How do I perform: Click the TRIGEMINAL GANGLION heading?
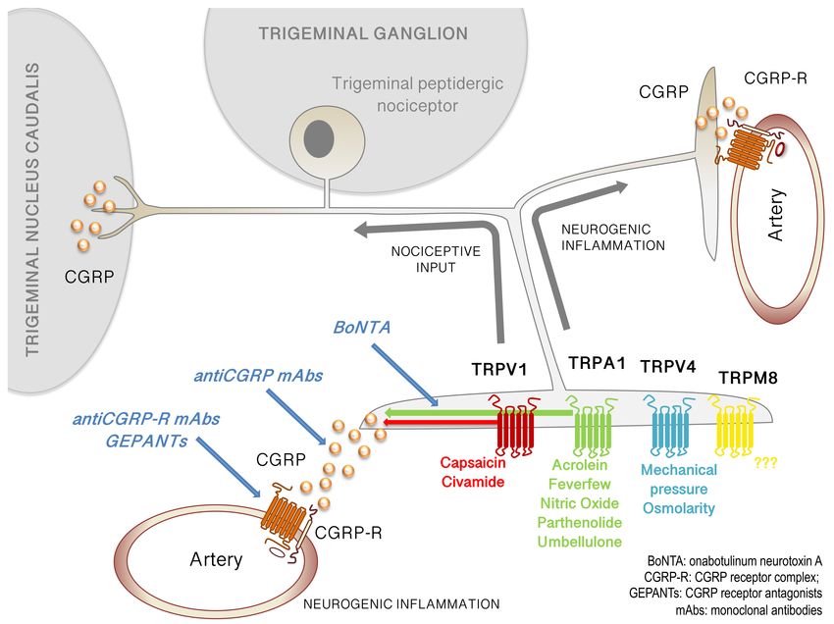pos(363,33)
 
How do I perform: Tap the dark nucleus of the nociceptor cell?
pos(319,139)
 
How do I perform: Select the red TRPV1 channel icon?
pos(515,425)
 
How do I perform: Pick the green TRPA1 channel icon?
pos(591,427)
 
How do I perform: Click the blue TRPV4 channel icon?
pos(670,426)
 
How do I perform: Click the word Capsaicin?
pos(473,463)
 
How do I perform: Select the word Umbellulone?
pos(580,542)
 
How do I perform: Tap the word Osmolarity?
pos(679,508)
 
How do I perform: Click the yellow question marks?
pos(766,463)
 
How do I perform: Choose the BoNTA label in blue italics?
pos(362,327)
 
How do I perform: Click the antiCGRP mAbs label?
pos(258,376)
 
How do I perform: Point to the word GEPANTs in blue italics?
pos(146,441)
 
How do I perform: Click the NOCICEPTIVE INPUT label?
pos(436,259)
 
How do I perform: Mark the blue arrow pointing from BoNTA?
pos(404,375)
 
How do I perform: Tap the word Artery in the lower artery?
pos(216,559)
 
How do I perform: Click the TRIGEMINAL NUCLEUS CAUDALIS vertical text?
pos(32,209)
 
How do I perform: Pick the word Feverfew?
pos(580,484)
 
